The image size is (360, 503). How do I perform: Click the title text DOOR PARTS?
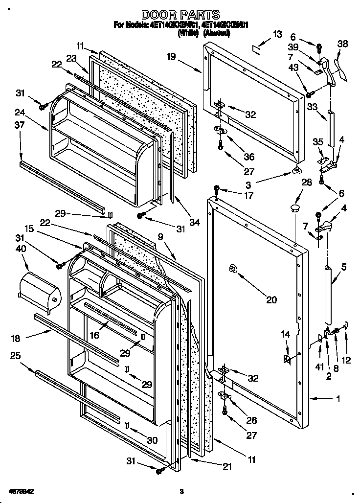[x=180, y=15]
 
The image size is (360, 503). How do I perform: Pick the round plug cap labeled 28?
[x=295, y=209]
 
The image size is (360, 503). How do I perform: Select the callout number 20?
[x=270, y=299]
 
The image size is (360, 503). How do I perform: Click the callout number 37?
[x=20, y=126]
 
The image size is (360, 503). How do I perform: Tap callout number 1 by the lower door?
[x=338, y=399]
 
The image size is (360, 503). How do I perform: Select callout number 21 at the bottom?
[x=227, y=466]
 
